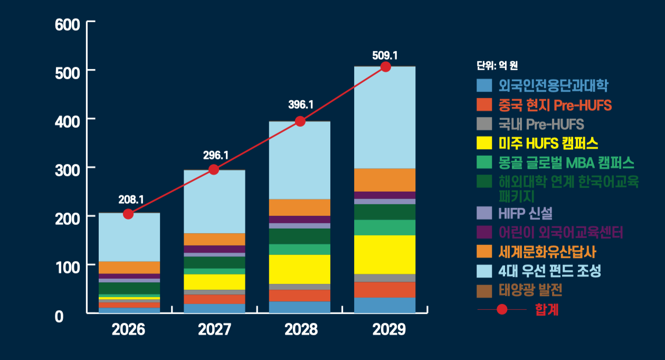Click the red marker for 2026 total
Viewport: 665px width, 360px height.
(128, 214)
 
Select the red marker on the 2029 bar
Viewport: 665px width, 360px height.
(386, 67)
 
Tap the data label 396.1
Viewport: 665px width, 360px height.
(301, 105)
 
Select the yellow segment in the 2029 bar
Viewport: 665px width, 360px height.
(385, 254)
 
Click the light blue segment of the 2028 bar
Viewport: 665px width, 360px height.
(300, 160)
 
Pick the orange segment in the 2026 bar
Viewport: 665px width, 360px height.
(129, 267)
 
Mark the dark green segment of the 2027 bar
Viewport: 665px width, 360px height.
(214, 262)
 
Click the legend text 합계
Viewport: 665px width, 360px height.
(546, 309)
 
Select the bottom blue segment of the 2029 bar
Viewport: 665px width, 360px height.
(385, 305)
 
